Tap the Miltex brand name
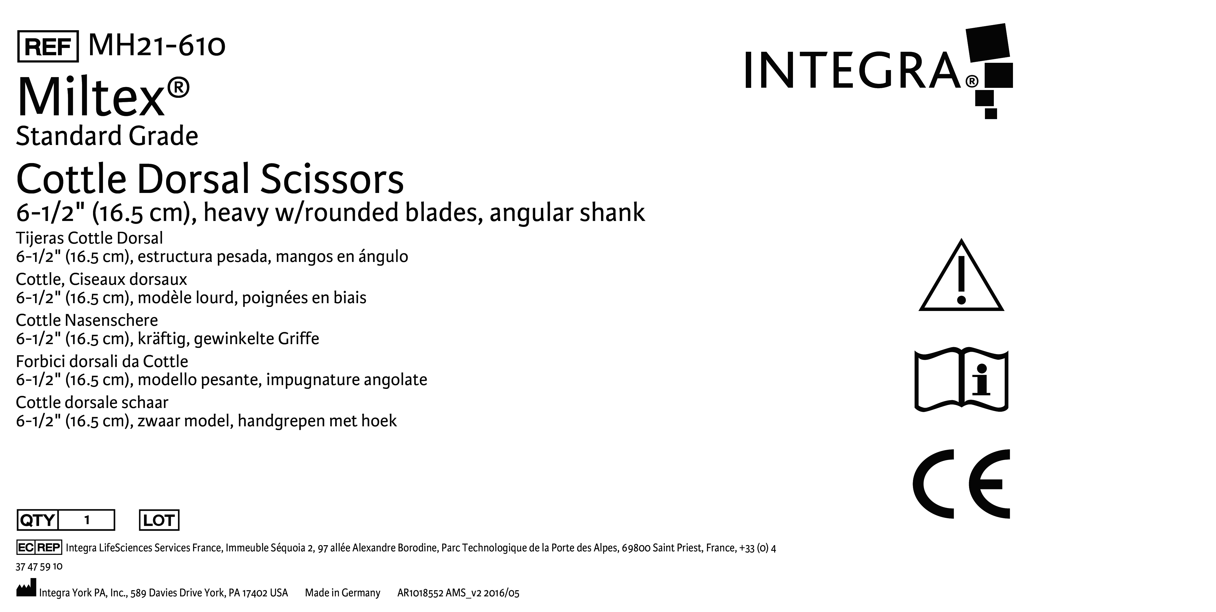[x=103, y=98]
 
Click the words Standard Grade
[x=107, y=136]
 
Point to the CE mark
[x=961, y=484]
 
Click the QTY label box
[x=37, y=520]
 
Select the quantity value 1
[x=87, y=520]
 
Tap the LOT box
[x=159, y=520]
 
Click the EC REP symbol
[x=39, y=547]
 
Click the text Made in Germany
[x=343, y=593]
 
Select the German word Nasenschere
[x=111, y=320]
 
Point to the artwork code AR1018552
[x=420, y=593]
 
